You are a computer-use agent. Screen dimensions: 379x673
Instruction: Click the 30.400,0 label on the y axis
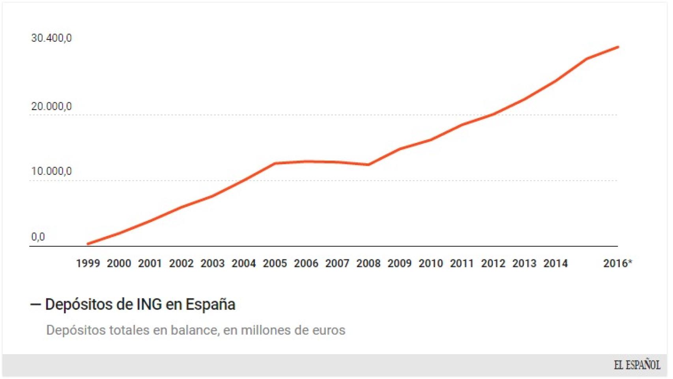[51, 38]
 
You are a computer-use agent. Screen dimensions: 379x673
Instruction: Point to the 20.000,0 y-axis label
[51, 106]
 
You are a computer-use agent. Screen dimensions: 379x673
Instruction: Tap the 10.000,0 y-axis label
[51, 171]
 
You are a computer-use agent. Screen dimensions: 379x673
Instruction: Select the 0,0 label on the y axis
[38, 237]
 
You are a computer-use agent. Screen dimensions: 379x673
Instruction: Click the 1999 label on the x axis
[88, 263]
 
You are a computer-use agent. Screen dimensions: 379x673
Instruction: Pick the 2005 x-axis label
[275, 263]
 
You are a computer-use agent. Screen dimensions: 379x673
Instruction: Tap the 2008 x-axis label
[368, 263]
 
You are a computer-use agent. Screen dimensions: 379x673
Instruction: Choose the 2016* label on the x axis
[617, 263]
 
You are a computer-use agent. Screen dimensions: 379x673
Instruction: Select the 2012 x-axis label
[493, 263]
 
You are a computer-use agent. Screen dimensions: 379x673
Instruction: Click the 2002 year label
[181, 263]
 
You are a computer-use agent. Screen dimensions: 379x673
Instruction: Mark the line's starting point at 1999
[88, 244]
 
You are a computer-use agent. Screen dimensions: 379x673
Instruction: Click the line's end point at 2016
[618, 47]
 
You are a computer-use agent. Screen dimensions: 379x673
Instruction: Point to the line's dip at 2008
[368, 165]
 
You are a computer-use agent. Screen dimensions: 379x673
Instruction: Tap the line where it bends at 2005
[275, 163]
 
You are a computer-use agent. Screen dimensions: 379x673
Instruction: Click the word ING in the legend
[149, 304]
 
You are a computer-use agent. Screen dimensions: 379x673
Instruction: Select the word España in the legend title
[210, 304]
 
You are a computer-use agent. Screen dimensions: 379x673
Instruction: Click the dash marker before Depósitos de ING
[36, 304]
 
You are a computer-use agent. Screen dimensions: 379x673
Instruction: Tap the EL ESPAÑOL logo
[637, 365]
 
